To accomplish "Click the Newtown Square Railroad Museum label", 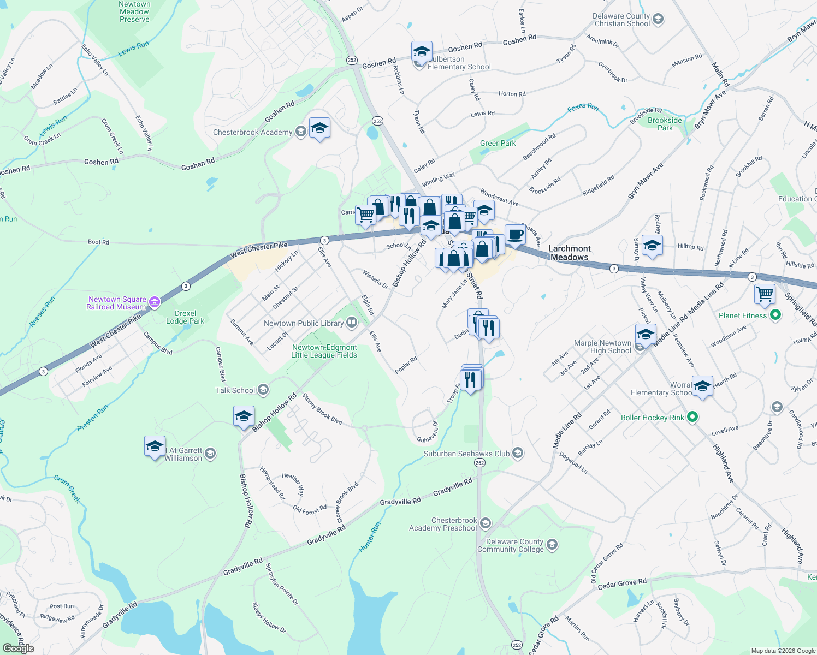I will tap(117, 303).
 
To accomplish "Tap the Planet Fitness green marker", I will tap(775, 315).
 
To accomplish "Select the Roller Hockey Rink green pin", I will tap(692, 418).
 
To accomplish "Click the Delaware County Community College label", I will tap(510, 546).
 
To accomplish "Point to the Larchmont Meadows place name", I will tap(569, 253).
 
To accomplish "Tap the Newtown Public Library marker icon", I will tap(352, 323).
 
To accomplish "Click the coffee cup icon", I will tap(514, 235).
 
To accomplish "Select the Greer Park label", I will tap(498, 143).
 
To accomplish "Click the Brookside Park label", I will tap(665, 124).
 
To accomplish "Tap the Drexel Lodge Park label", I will tap(185, 317).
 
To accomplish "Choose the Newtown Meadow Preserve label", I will tap(134, 11).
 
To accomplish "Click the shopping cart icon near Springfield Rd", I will tap(765, 294).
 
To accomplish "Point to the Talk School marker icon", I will tap(263, 390).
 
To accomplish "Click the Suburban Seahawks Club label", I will tap(466, 454).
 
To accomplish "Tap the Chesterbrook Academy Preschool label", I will tap(443, 524).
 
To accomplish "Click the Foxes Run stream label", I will tap(583, 108).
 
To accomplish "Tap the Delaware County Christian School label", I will tap(622, 20).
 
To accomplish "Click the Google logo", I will tap(18, 648).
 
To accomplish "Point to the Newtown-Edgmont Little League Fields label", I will tap(324, 351).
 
